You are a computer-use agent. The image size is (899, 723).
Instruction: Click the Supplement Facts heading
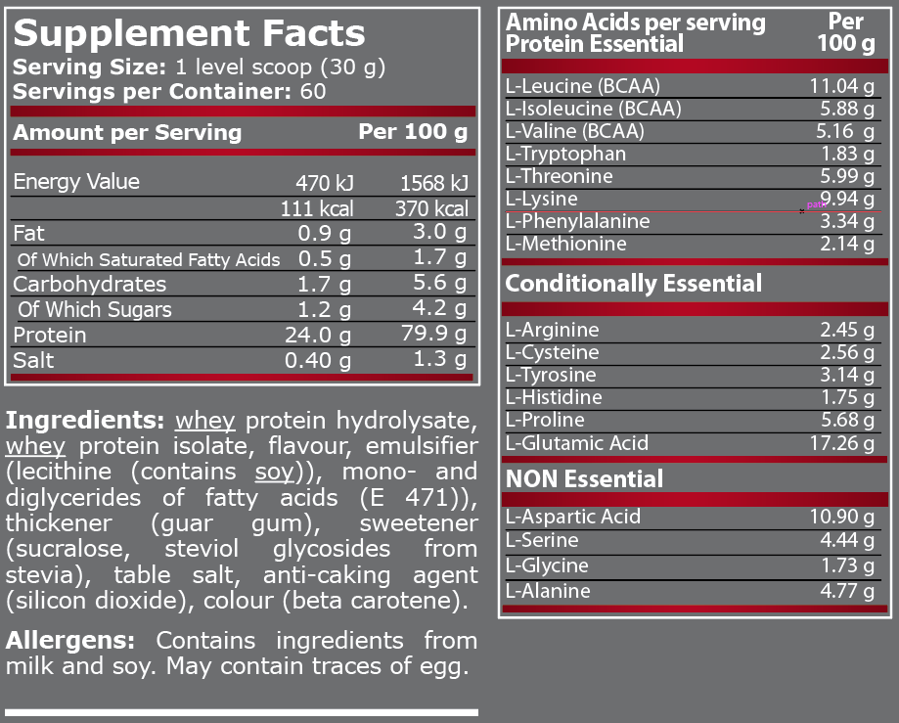coord(189,33)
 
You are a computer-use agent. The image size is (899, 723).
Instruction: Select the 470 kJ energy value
coord(324,183)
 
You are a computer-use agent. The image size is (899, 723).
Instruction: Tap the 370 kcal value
coord(431,208)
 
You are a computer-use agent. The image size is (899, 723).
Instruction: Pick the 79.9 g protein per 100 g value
coord(431,335)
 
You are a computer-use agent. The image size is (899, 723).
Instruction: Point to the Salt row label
coord(34,360)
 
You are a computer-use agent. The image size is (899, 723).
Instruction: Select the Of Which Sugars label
coord(95,310)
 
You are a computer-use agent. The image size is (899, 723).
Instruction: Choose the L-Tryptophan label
coord(565,154)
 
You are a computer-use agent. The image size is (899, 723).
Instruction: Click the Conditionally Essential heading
coord(633,284)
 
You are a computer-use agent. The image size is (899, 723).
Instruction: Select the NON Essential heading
coord(584,478)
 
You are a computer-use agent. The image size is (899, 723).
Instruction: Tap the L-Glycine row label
coord(547,565)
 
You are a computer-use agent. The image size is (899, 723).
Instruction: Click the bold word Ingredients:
coord(85,421)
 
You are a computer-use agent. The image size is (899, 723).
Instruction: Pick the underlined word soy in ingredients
coord(274,473)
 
